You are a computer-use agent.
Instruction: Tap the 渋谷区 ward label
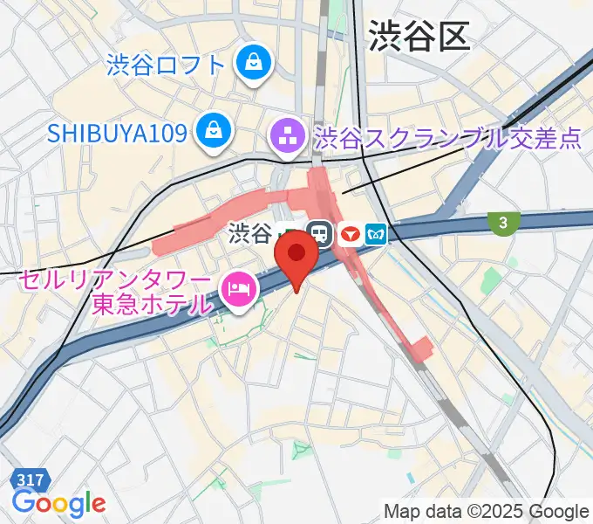(x=419, y=36)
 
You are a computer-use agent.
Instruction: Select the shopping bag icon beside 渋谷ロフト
(x=253, y=64)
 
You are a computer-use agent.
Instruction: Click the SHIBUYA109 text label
(x=118, y=133)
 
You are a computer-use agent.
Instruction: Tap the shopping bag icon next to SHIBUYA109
(x=212, y=132)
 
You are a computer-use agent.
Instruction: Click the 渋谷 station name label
(x=251, y=233)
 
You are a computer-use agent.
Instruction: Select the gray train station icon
(x=320, y=234)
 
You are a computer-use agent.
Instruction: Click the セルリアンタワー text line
(x=115, y=281)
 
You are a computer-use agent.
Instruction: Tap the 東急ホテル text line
(x=153, y=305)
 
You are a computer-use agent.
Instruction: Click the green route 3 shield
(x=503, y=224)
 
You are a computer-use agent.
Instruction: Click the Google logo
(x=58, y=504)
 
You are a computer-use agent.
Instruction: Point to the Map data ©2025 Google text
(x=486, y=510)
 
